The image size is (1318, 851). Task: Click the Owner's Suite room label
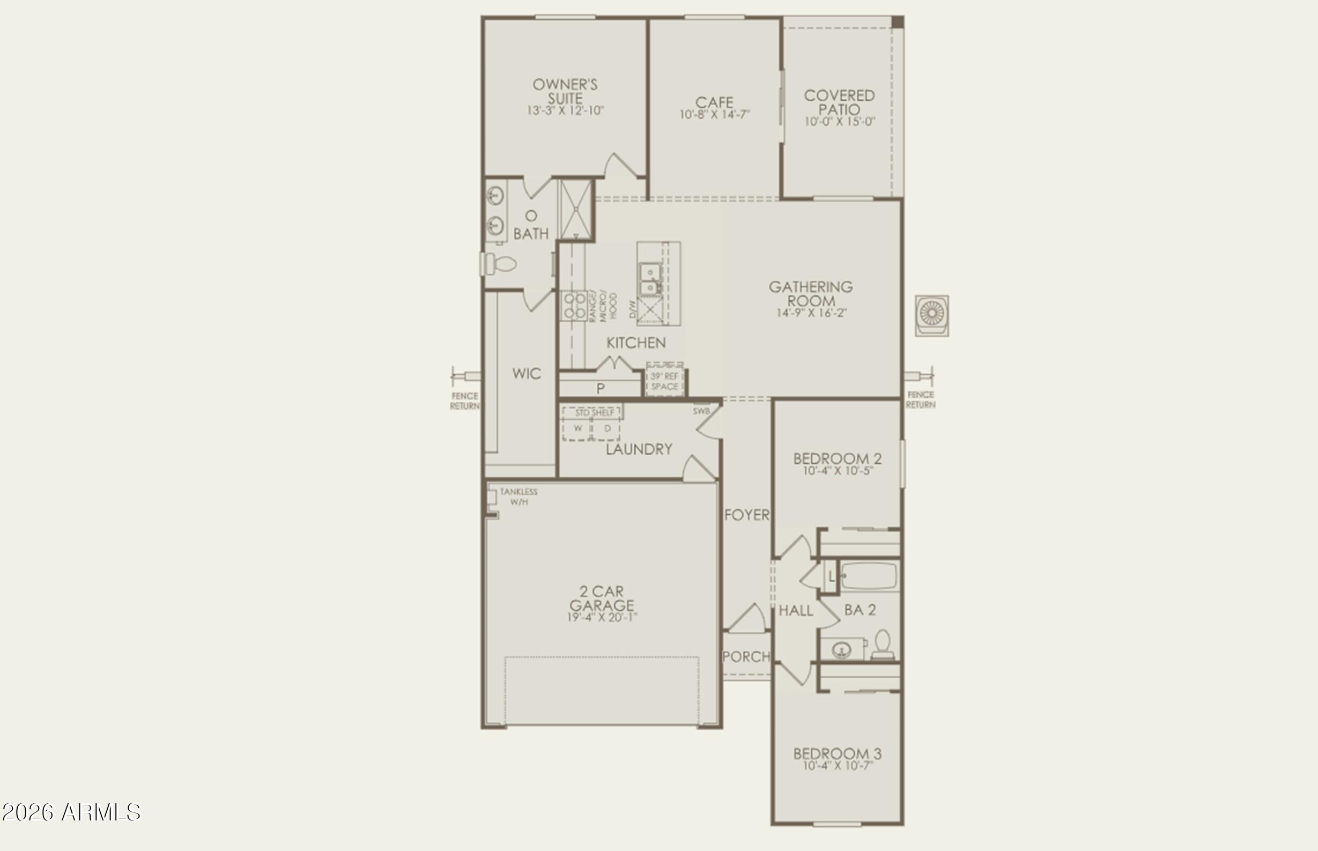[x=565, y=91]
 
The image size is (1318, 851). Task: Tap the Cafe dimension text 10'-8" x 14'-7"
[x=715, y=115]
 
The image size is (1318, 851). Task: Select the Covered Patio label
[x=839, y=102]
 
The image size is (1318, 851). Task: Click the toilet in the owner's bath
[x=500, y=264]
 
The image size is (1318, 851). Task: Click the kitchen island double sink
[x=650, y=279]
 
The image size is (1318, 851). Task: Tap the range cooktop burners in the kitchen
[x=574, y=306]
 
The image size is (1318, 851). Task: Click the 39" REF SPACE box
[x=664, y=381]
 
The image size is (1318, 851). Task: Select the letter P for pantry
[x=601, y=388]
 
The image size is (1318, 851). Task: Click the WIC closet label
[x=526, y=374]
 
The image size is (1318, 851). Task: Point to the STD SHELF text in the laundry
[x=595, y=413]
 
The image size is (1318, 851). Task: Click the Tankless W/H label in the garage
[x=519, y=496]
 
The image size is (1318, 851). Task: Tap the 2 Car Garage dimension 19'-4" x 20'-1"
[x=602, y=617]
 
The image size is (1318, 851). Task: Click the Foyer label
[x=746, y=515]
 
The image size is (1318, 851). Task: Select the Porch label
[x=746, y=656]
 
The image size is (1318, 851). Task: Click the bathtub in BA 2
[x=869, y=576]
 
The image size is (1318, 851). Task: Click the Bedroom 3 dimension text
[x=838, y=766]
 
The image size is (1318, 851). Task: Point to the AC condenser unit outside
[x=932, y=315]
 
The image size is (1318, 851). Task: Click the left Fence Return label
[x=464, y=401]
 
